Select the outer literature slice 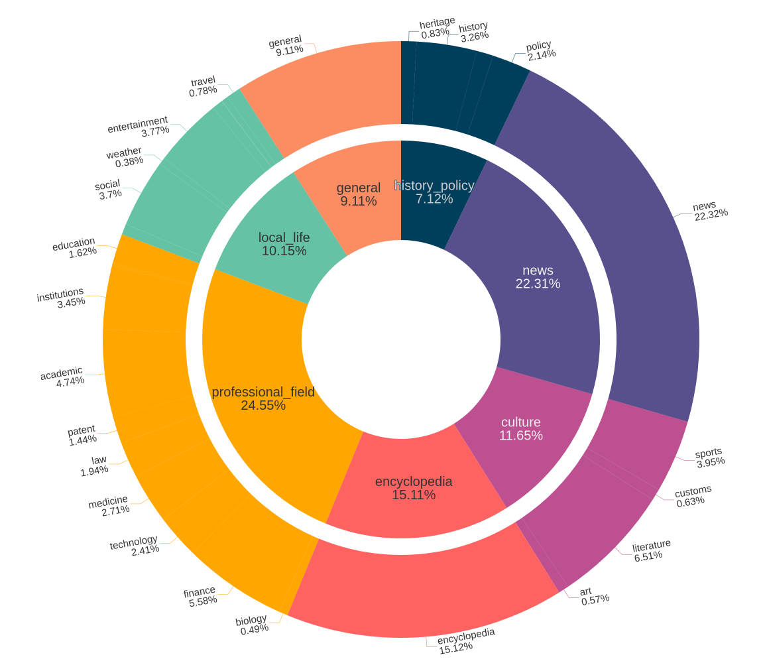coord(590,524)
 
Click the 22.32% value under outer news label coord(711,213)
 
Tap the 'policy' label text coord(538,46)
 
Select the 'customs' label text coord(693,491)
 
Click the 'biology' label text coord(251,620)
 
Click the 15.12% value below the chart coord(455,646)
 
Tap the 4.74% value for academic coord(70,381)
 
